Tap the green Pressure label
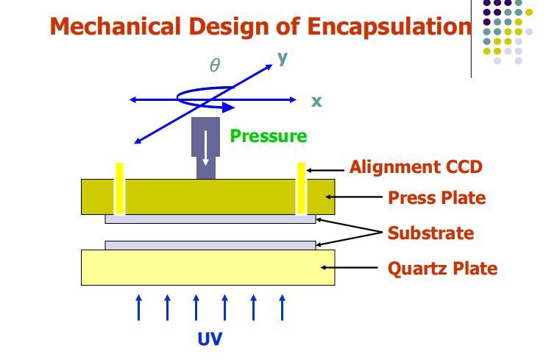click(268, 135)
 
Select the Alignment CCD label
click(416, 167)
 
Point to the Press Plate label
click(437, 198)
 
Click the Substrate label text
click(430, 233)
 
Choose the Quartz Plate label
click(442, 269)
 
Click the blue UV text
click(210, 339)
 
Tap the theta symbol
click(215, 66)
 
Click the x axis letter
click(316, 102)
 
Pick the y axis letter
click(282, 57)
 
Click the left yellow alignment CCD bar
click(119, 188)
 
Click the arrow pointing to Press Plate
click(357, 197)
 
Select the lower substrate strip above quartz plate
click(210, 245)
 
